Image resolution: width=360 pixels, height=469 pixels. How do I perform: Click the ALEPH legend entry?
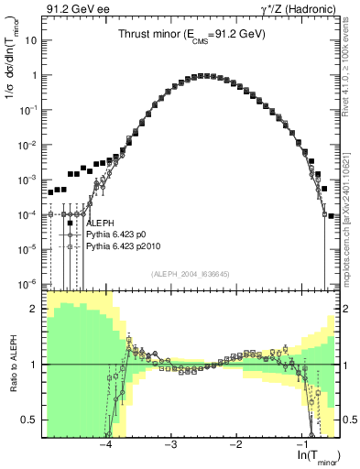click(x=100, y=223)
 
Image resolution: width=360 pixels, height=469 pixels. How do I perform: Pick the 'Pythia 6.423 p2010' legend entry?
click(x=124, y=246)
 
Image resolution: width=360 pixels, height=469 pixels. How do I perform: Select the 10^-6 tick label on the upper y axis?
click(x=30, y=283)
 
